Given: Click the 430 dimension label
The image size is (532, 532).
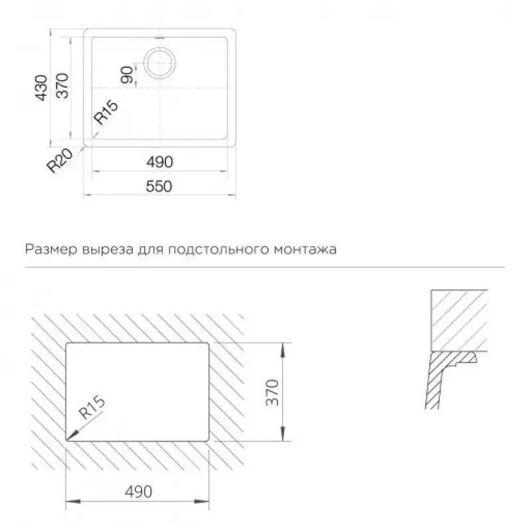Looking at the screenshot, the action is [x=42, y=88].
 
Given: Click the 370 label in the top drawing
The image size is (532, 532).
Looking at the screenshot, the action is [x=63, y=85].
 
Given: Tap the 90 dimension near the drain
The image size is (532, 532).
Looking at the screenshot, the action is [x=127, y=75].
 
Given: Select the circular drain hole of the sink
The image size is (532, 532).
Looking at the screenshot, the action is [x=160, y=63].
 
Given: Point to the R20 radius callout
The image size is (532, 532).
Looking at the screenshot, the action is [x=60, y=160].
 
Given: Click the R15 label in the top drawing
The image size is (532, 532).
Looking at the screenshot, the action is [x=106, y=112].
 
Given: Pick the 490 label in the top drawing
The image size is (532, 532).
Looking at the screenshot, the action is [x=160, y=162].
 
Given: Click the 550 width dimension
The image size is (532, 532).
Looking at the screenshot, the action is [x=159, y=186].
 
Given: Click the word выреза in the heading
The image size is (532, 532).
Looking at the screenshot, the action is [x=108, y=250].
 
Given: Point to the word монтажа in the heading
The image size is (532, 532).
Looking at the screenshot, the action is [x=305, y=250].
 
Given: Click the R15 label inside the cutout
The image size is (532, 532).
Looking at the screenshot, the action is [x=92, y=407].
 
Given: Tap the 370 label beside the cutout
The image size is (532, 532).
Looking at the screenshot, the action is [x=273, y=392].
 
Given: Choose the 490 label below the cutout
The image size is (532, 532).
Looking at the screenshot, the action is [x=138, y=491].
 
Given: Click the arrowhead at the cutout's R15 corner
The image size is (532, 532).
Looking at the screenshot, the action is [x=72, y=436].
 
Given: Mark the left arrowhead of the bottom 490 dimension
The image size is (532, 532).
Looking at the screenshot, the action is [x=72, y=501].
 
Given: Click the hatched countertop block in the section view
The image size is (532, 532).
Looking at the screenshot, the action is [x=459, y=321].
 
